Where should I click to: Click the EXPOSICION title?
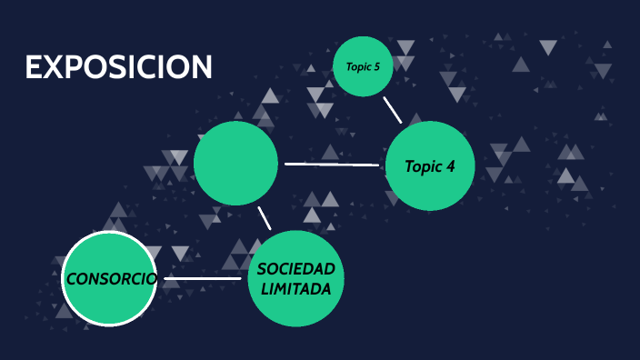(118, 66)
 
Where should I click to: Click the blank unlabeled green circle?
(235, 163)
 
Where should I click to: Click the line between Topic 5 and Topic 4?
(392, 109)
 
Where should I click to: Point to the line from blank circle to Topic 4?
(331, 165)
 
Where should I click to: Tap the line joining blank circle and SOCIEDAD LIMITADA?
(264, 218)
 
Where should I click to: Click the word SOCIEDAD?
(296, 269)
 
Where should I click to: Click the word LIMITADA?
(296, 288)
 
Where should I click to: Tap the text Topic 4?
(429, 166)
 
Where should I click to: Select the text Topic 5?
(363, 66)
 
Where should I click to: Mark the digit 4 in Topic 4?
(449, 166)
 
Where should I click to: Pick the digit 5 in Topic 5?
(376, 66)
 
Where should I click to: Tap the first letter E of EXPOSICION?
(35, 66)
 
